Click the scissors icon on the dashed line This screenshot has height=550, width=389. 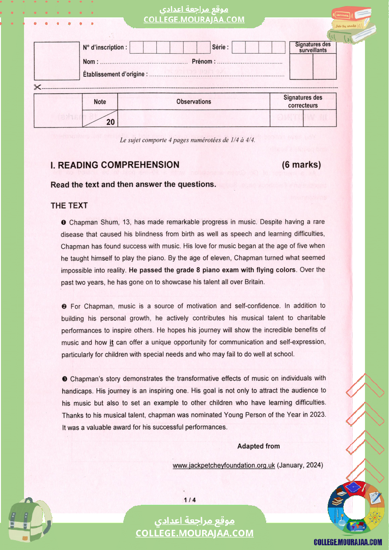[38, 87]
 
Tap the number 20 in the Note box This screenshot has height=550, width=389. [111, 122]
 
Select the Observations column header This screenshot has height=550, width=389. [194, 102]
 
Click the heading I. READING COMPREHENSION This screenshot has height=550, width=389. [115, 165]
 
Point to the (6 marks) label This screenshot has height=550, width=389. [301, 165]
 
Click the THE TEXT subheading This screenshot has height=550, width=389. [69, 206]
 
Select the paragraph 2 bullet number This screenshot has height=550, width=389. [64, 306]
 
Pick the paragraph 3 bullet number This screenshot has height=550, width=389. [64, 379]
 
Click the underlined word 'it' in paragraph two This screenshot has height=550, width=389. [112, 343]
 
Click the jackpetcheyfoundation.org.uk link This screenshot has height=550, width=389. [224, 465]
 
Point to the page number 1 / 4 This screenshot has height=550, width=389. [190, 500]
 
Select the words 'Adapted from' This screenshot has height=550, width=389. [259, 446]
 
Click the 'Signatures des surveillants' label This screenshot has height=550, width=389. [313, 47]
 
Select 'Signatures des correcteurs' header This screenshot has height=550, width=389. [303, 102]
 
